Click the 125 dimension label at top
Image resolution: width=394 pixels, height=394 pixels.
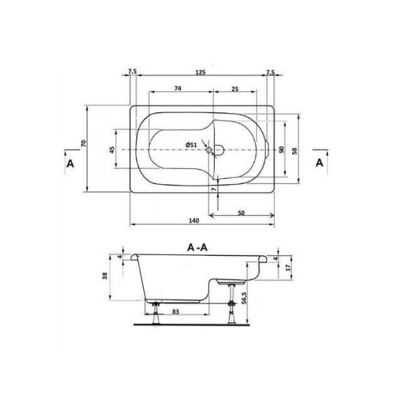pos(201,72)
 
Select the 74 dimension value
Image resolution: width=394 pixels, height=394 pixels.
pos(178,88)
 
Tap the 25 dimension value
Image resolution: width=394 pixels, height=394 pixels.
pos(235,89)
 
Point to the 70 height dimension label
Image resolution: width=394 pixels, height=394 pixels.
pos(83,143)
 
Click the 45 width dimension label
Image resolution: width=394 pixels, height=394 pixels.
pos(112,150)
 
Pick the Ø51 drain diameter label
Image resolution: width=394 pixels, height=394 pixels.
pos(191,145)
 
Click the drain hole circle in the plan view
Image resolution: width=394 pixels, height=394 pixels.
pos(208,150)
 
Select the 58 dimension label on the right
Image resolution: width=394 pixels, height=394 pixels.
pos(294,151)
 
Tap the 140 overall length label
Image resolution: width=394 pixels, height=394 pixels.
pos(193,221)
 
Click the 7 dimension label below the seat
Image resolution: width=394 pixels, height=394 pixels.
pos(214,189)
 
